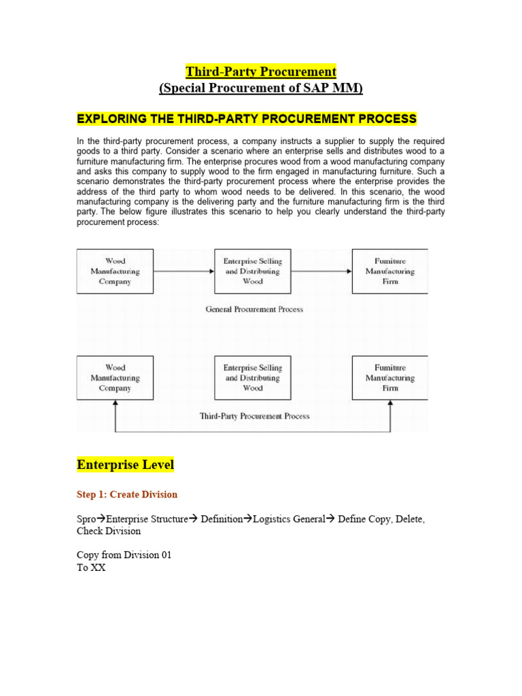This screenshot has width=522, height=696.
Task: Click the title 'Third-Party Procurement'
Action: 261,71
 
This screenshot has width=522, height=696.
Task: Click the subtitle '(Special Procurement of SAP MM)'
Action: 261,88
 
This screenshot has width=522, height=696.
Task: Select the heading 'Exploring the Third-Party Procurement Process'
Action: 247,119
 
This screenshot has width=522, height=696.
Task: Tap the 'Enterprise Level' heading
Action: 126,465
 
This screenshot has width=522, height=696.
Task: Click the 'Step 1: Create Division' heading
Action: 127,494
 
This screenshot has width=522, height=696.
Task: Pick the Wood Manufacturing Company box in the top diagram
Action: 115,271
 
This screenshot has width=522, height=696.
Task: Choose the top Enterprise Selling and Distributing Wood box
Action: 252,271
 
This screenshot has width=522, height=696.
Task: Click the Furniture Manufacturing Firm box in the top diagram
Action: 390,271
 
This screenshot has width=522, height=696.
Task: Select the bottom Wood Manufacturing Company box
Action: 115,378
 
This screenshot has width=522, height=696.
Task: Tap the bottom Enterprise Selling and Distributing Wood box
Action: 252,378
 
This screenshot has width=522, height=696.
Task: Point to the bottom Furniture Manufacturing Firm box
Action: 390,378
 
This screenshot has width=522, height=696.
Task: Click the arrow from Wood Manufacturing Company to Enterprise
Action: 184,271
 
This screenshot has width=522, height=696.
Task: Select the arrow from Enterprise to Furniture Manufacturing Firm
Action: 321,271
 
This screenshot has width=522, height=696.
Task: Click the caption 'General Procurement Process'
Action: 254,309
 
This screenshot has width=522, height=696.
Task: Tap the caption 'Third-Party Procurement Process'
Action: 254,416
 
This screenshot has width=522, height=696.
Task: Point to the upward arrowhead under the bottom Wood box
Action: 116,404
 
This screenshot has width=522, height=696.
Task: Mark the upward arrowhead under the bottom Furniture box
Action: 391,404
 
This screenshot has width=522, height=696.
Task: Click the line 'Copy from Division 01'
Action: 124,555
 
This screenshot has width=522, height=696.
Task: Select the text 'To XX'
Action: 91,568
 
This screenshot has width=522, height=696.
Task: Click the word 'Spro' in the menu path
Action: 87,519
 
